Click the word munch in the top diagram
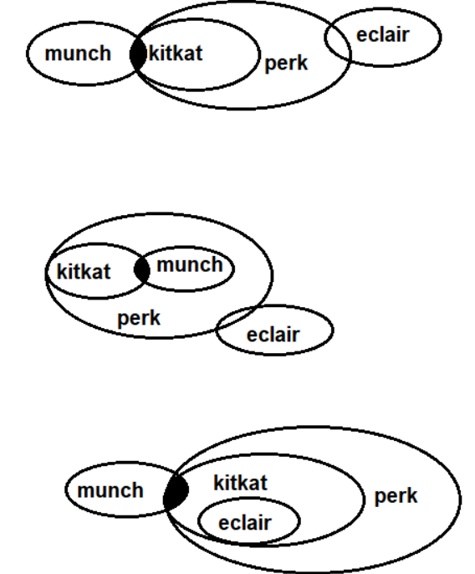[x=78, y=54]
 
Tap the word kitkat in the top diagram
[x=176, y=53]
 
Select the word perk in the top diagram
[x=286, y=64]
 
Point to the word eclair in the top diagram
[x=383, y=35]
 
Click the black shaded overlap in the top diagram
[x=138, y=54]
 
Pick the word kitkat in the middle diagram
[x=84, y=272]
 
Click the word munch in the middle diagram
[x=190, y=264]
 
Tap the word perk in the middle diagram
[x=139, y=319]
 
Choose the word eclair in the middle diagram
[x=273, y=335]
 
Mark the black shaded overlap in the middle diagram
[x=142, y=269]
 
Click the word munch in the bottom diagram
[x=110, y=490]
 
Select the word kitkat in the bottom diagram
[x=241, y=483]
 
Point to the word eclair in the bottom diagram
[x=245, y=523]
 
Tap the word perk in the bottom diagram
[x=396, y=497]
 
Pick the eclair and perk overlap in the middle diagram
[x=238, y=319]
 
